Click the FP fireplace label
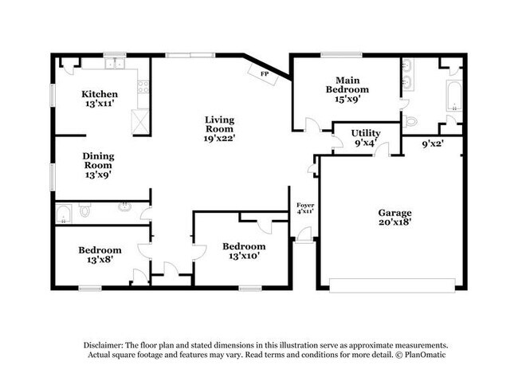(x=265, y=74)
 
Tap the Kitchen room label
(x=100, y=94)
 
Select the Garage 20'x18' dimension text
(x=394, y=222)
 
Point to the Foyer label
(x=305, y=205)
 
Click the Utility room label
(x=366, y=133)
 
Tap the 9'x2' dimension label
(x=433, y=143)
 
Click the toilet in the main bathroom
(x=410, y=121)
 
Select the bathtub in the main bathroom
(x=454, y=96)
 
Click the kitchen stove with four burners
(x=143, y=87)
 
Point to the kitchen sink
(x=115, y=63)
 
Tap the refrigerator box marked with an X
(x=140, y=121)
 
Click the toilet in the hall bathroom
(x=85, y=210)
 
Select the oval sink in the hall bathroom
(x=124, y=206)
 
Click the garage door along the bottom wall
(x=392, y=285)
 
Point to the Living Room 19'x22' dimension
(x=219, y=138)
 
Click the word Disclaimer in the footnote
(x=104, y=345)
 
